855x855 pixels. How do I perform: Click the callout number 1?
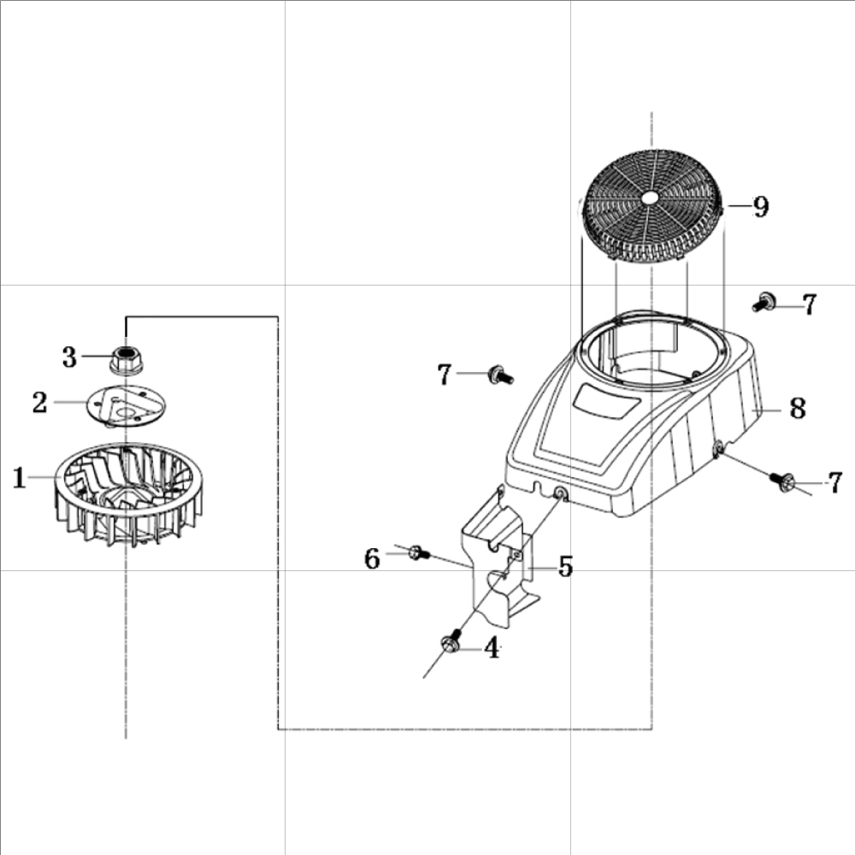(19, 478)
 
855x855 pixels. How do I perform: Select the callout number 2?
(39, 403)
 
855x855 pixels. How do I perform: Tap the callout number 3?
(69, 357)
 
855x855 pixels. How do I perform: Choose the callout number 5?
(565, 566)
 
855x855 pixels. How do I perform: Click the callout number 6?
(372, 558)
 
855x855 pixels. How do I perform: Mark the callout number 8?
(797, 408)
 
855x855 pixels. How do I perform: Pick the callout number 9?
(760, 206)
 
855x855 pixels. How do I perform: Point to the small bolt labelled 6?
(418, 553)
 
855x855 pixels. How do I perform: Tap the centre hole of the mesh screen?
(652, 198)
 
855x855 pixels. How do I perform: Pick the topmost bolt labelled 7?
(764, 301)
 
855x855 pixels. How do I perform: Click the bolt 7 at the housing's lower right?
(784, 481)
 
